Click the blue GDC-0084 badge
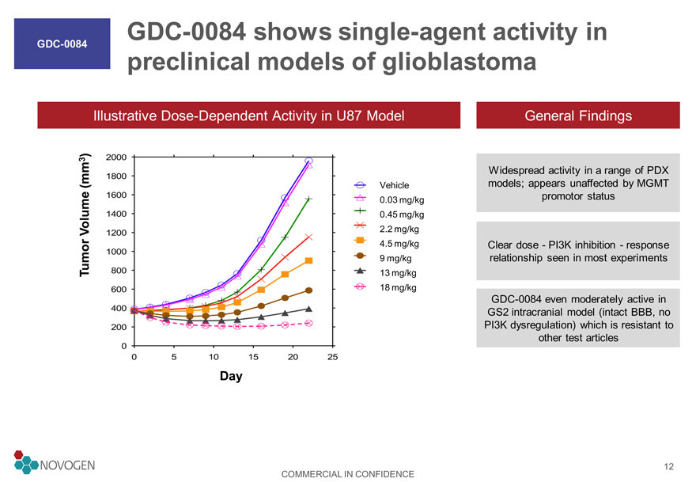(x=62, y=44)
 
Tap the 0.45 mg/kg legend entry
(x=389, y=214)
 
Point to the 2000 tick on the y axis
(x=116, y=157)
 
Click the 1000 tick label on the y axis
(x=116, y=252)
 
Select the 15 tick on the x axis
(x=253, y=357)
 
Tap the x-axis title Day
(x=231, y=376)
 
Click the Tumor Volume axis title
(x=85, y=215)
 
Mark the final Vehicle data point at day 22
(x=309, y=161)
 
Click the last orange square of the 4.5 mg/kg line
(x=309, y=260)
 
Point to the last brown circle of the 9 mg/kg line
(x=309, y=290)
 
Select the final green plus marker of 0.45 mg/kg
(x=309, y=199)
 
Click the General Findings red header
(x=578, y=116)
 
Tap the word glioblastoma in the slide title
(x=459, y=61)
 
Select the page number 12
(x=668, y=466)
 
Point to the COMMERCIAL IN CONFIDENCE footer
(x=347, y=474)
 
